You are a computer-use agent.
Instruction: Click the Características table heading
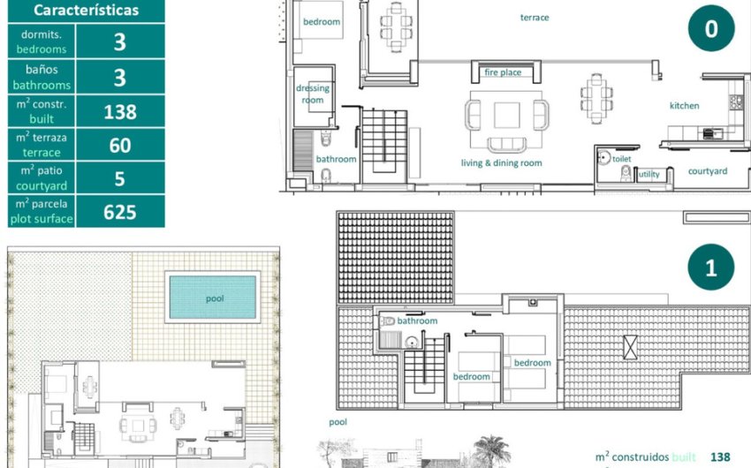[87, 10]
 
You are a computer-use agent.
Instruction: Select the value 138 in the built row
[120, 112]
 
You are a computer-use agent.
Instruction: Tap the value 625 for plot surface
[120, 212]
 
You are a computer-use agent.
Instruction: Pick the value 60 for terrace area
[120, 145]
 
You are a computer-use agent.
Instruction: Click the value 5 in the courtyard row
[120, 178]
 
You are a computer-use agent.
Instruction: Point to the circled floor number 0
[711, 28]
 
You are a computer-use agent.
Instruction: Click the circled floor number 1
[710, 267]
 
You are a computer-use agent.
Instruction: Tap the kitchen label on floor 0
[684, 106]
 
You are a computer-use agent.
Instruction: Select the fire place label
[503, 72]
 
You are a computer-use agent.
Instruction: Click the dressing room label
[313, 94]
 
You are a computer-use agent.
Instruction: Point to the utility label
[649, 174]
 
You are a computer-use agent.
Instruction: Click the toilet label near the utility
[622, 159]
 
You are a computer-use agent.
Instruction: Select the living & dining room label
[502, 163]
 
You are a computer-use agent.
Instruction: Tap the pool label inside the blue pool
[215, 298]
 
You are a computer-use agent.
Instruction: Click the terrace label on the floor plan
[535, 18]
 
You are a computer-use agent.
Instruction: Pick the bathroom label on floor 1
[417, 321]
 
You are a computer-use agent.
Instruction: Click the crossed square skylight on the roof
[630, 347]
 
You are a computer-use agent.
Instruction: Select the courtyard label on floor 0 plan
[708, 171]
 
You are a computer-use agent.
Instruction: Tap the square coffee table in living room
[507, 115]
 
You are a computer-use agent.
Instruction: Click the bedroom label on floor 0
[322, 22]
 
